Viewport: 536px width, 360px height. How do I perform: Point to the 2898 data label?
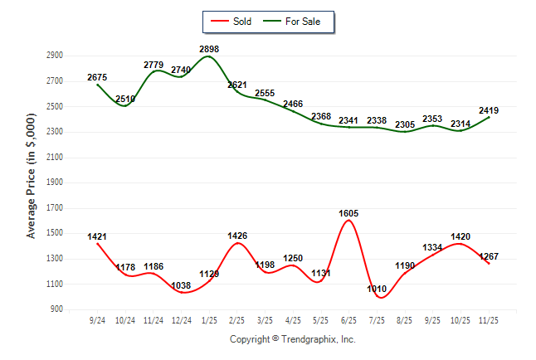(x=209, y=50)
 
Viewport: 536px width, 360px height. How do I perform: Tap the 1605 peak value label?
(x=348, y=213)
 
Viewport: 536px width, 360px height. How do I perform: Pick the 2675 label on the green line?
(x=97, y=77)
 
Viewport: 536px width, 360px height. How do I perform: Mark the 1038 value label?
(x=181, y=285)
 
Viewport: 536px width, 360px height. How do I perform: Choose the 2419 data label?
(x=489, y=109)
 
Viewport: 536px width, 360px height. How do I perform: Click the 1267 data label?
(x=489, y=256)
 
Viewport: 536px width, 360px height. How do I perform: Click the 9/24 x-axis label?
(x=97, y=320)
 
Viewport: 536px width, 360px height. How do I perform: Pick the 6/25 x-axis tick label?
(x=349, y=320)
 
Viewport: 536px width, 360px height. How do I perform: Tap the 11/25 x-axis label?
(x=489, y=320)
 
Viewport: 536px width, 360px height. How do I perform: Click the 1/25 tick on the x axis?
(x=209, y=320)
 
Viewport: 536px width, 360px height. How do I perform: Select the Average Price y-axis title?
(x=32, y=182)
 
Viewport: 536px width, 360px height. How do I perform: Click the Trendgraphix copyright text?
(x=292, y=339)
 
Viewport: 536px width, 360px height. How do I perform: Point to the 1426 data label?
(x=237, y=236)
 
